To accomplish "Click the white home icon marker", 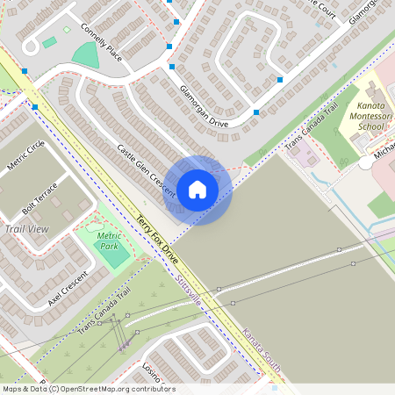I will [197, 189].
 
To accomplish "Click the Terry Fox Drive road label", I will [157, 237].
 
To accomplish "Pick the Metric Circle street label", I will [25, 156].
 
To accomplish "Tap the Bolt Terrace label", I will [39, 199].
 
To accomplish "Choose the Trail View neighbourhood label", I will [26, 228].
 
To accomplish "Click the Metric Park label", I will [110, 241].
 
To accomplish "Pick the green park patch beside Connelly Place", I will [85, 54].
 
